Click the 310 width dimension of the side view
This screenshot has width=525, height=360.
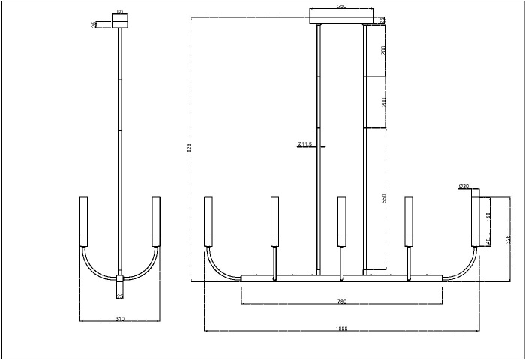119,319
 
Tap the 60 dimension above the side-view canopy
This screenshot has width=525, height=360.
119,13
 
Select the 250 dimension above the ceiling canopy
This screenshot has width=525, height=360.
342,6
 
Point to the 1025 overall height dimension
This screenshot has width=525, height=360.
189,148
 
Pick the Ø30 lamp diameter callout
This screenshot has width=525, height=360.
463,186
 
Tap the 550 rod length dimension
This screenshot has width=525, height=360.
383,199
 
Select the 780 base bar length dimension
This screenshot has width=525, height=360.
341,301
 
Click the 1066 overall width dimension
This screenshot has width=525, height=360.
342,328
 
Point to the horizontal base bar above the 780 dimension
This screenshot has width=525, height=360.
341,278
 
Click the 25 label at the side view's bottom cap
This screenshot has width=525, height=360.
119,297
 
